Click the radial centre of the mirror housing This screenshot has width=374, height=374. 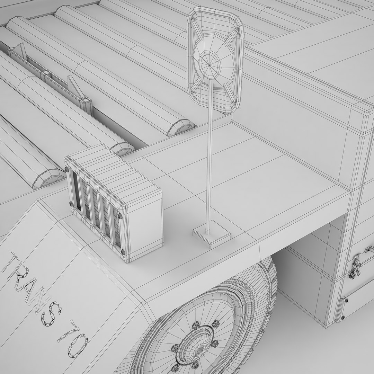coord(210,64)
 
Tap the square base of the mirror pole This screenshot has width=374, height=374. coord(212,234)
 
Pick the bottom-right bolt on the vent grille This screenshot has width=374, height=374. coord(123,252)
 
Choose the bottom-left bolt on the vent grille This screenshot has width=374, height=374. coord(71,204)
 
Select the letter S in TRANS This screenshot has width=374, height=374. coord(51,314)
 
